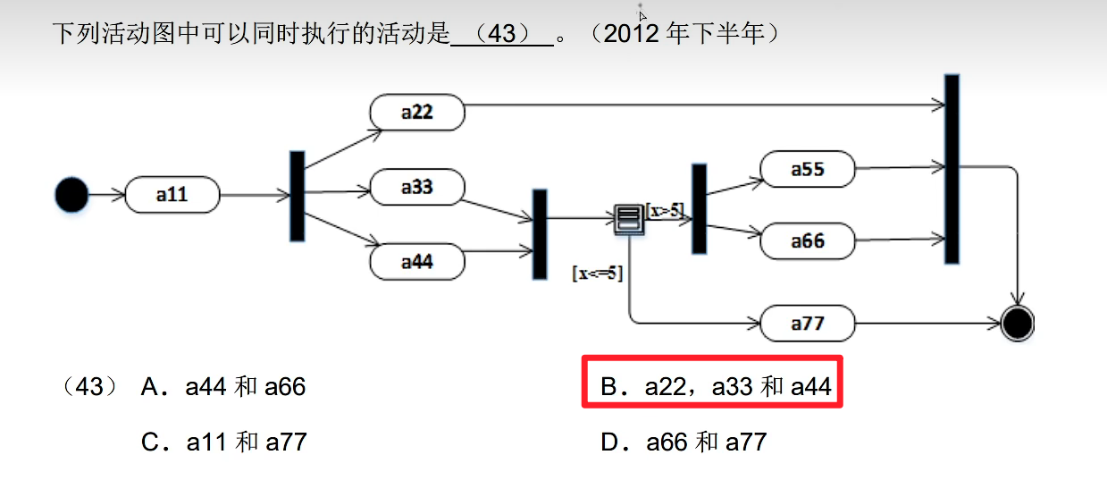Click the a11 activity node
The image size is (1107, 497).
click(172, 194)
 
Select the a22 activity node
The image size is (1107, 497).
click(417, 112)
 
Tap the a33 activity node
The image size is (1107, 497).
click(417, 187)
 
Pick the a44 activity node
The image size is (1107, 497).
click(417, 262)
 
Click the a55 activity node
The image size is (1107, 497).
click(808, 168)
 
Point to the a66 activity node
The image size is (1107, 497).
click(808, 240)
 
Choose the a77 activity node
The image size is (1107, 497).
click(808, 324)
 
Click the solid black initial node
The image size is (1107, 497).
click(71, 194)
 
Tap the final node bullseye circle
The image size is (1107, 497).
click(1017, 323)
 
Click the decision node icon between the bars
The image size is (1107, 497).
click(628, 218)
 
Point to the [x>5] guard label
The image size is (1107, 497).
click(664, 210)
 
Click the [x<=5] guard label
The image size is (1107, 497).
click(597, 274)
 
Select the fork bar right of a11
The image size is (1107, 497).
click(297, 195)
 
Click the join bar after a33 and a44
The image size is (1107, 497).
click(540, 233)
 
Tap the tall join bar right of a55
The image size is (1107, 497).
click(952, 168)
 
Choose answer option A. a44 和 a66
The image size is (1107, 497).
click(223, 387)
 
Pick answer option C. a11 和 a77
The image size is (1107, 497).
click(223, 442)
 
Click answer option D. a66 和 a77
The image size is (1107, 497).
click(683, 442)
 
